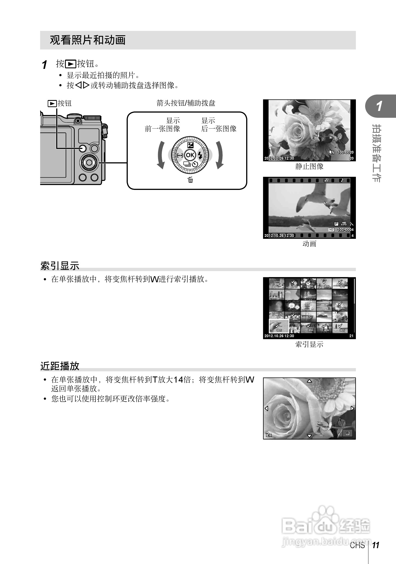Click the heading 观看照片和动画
[88, 40]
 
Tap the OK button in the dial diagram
[190, 155]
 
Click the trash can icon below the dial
[190, 180]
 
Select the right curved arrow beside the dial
[219, 155]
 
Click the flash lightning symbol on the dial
[200, 155]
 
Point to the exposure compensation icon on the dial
[190, 145]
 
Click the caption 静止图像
[309, 166]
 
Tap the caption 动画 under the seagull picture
[309, 244]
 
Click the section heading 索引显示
[60, 266]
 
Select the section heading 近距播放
[60, 366]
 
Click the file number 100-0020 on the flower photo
[346, 152]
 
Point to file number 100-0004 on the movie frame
[346, 230]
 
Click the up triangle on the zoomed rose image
[309, 381]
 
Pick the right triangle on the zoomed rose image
[352, 409]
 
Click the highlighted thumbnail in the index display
[279, 326]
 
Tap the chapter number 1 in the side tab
[379, 106]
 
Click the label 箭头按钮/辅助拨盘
[186, 103]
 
